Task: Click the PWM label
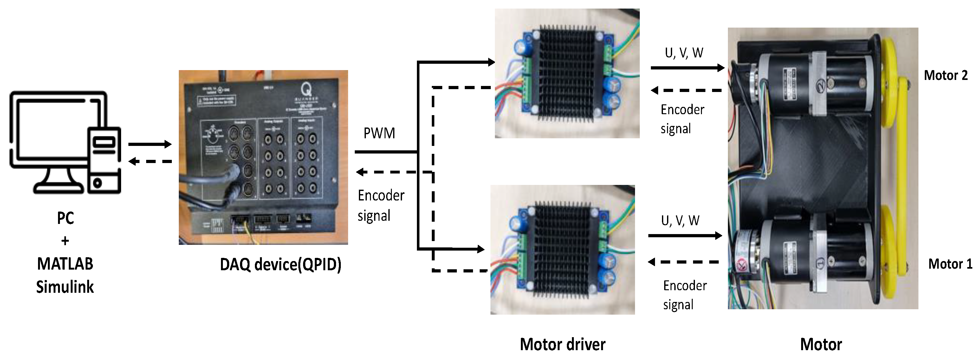coord(379,134)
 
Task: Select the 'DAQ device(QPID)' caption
coord(281,264)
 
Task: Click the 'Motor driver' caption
coord(562,344)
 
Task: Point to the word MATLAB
coord(65,264)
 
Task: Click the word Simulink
coord(65,287)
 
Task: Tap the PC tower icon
coord(104,160)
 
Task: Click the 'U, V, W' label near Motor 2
coord(684,53)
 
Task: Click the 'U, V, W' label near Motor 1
coord(680,220)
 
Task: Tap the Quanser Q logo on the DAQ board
coord(306,90)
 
